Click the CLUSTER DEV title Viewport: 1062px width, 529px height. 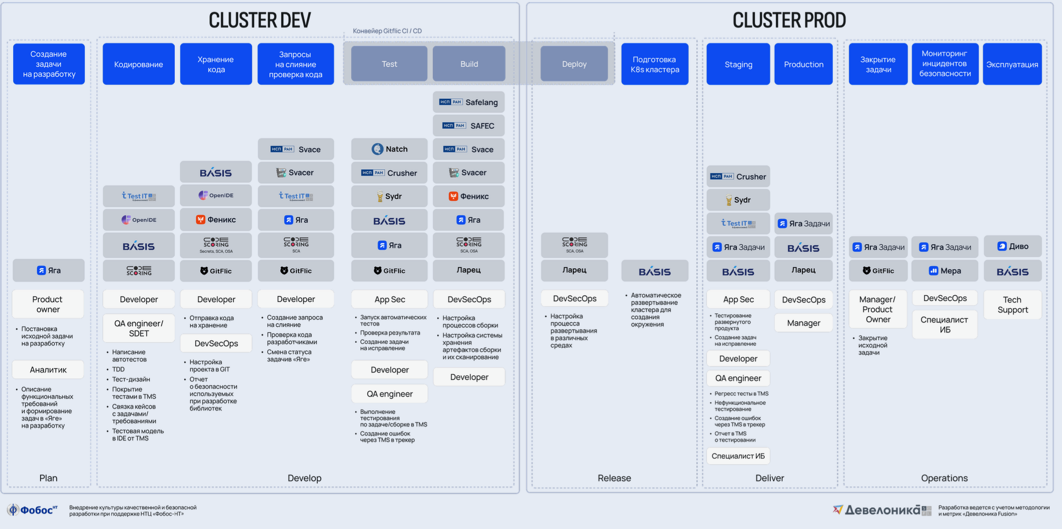(260, 20)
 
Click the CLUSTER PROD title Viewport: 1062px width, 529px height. (789, 20)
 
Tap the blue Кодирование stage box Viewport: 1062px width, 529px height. (139, 64)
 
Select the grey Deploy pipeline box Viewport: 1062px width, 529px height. (574, 64)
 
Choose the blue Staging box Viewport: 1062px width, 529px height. (738, 64)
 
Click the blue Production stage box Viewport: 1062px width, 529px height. (803, 64)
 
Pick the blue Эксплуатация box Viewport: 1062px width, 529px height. (1012, 64)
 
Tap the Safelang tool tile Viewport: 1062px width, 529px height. (469, 102)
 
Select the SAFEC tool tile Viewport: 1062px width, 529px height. (469, 126)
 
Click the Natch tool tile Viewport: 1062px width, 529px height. (389, 149)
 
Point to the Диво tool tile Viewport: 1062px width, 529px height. (1012, 246)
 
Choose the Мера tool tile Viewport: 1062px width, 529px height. (945, 271)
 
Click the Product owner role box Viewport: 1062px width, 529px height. (48, 304)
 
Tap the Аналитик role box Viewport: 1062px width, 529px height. (48, 369)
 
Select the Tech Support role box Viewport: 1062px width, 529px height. (1012, 305)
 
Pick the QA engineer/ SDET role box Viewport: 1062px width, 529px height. (139, 328)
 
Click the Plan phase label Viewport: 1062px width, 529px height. (48, 478)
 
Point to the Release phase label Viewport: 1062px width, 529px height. (614, 478)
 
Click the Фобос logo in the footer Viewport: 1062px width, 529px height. (32, 510)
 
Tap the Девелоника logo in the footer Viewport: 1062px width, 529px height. (882, 510)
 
